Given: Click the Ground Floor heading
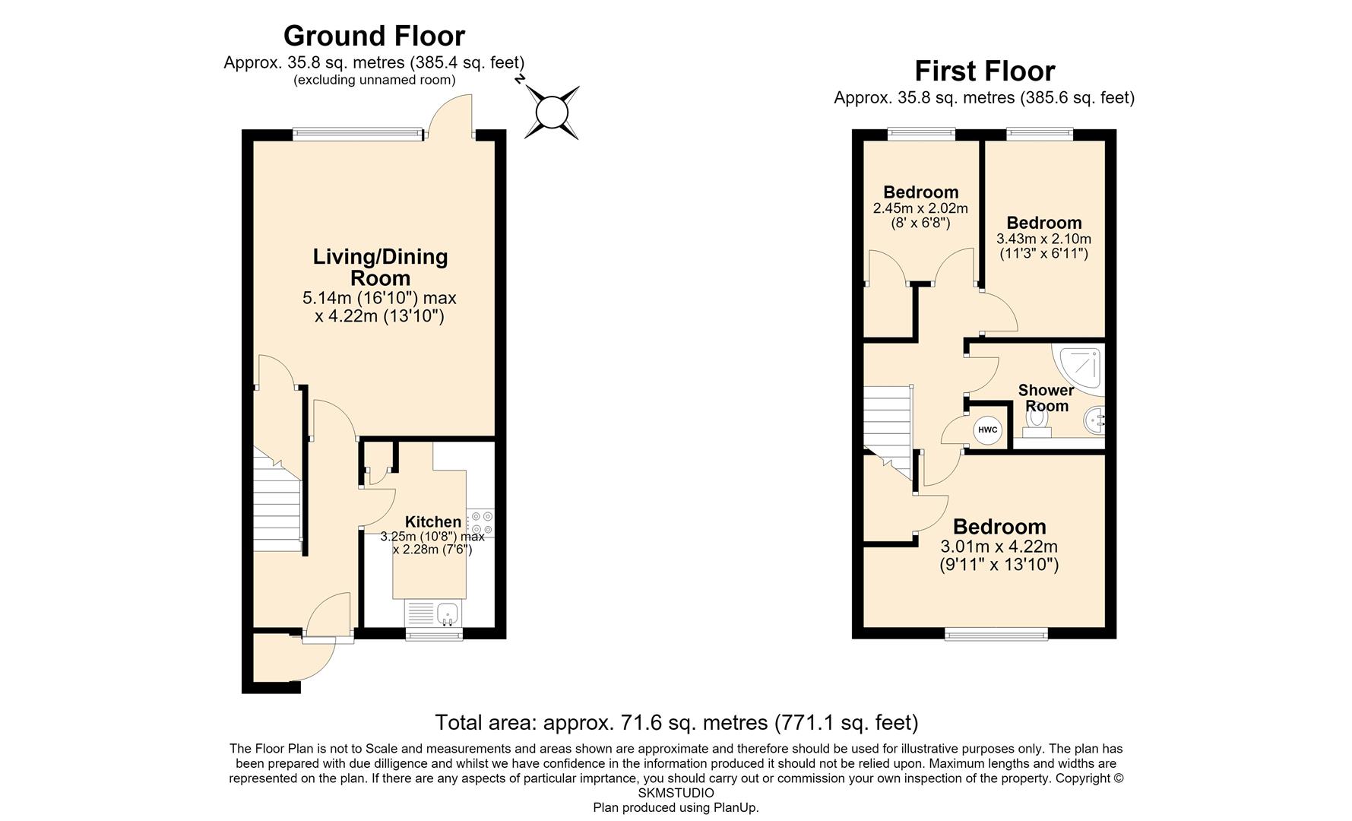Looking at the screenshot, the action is [x=374, y=36].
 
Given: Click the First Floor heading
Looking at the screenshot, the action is [x=984, y=71].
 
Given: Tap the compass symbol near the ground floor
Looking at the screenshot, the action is [x=552, y=113].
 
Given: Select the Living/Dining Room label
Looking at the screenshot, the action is [x=380, y=267].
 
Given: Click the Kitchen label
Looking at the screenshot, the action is [x=432, y=521].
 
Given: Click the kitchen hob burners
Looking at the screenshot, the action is [x=480, y=522].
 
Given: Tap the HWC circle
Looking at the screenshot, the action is [x=987, y=430].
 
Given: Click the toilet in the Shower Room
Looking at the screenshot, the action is [x=1035, y=422].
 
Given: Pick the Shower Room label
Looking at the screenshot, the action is [x=1046, y=398].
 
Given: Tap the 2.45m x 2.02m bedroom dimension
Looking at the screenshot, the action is [x=920, y=208].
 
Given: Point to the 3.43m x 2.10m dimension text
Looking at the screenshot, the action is [x=1043, y=239].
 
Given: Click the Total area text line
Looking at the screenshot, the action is [x=676, y=721].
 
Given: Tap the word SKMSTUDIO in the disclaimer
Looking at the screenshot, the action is [x=676, y=793].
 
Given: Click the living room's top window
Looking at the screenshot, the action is [x=356, y=134].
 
